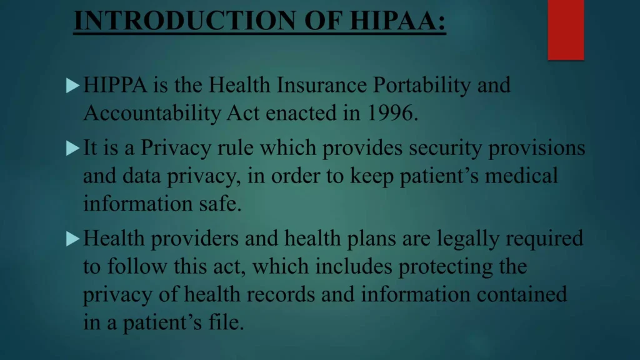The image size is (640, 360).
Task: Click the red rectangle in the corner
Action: pos(566,29)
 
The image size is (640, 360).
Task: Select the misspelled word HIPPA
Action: pos(115,85)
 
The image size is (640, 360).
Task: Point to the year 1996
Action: pos(392,114)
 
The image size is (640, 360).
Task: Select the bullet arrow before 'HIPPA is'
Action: pos(73,85)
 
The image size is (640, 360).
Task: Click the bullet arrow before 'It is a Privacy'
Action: pos(73,148)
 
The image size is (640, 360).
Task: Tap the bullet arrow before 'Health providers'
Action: pos(73,237)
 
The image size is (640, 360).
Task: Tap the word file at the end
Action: pos(224,324)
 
